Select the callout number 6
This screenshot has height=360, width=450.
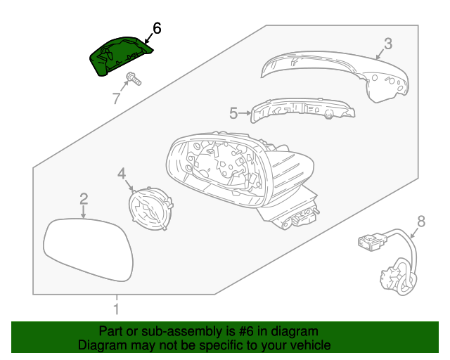point(156,29)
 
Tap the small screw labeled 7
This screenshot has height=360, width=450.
point(133,79)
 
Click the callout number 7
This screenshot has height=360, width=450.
point(117,98)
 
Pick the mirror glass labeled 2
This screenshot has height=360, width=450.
point(89,250)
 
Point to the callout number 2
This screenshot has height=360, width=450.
point(83,199)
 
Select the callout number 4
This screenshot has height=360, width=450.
point(121,173)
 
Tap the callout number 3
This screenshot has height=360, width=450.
point(387,44)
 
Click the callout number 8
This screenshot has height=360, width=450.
point(420,221)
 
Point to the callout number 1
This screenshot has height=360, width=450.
point(117,308)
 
